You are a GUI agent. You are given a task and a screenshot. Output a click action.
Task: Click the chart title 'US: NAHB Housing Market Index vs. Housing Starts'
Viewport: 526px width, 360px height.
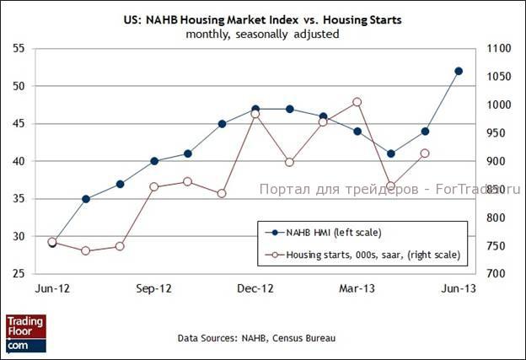262,19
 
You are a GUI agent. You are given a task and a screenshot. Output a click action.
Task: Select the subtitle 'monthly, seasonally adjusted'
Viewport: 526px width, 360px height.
262,34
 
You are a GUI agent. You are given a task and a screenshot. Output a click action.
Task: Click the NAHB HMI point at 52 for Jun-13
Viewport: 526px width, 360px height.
459,71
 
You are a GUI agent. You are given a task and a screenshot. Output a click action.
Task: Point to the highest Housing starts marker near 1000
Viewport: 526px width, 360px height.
357,102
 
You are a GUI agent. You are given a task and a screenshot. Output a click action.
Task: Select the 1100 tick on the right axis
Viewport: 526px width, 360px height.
498,49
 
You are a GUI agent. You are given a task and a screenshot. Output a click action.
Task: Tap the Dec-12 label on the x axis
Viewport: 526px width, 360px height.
255,288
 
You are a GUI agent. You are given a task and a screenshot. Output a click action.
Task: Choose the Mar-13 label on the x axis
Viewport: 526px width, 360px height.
357,288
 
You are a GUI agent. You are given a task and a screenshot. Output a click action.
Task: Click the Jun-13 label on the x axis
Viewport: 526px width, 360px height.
459,288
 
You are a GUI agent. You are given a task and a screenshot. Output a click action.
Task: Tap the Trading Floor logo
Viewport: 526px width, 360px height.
25,332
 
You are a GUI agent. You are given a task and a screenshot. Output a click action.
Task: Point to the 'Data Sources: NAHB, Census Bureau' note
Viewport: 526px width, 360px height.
256,338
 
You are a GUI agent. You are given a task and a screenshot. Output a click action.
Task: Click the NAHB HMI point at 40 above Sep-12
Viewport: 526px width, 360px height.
154,161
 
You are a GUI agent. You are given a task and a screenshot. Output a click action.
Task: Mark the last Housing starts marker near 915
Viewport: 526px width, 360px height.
425,153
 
